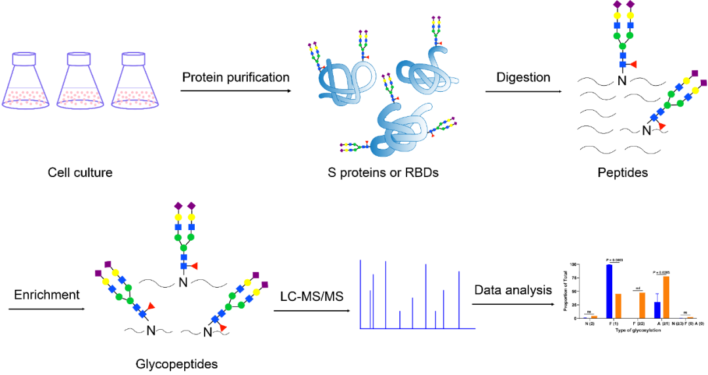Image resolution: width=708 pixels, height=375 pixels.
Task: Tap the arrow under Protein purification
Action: coord(236,92)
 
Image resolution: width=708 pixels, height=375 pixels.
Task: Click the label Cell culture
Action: coord(80,173)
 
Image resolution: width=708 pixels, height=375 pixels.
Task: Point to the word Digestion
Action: coord(523,77)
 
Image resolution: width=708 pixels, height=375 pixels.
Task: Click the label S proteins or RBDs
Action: coord(383,173)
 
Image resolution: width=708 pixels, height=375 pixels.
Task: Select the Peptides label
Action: coord(622,173)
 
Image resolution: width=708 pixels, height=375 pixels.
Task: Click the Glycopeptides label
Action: coord(176,364)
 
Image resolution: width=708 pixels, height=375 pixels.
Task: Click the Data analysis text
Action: coord(513,290)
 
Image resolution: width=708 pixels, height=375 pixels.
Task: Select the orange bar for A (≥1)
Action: coord(666,297)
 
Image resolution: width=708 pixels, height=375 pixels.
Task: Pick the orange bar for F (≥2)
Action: coord(642,306)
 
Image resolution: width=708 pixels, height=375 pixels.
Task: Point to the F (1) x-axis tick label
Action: coord(614,324)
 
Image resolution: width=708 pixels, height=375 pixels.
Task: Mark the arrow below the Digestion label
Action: coord(523,92)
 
